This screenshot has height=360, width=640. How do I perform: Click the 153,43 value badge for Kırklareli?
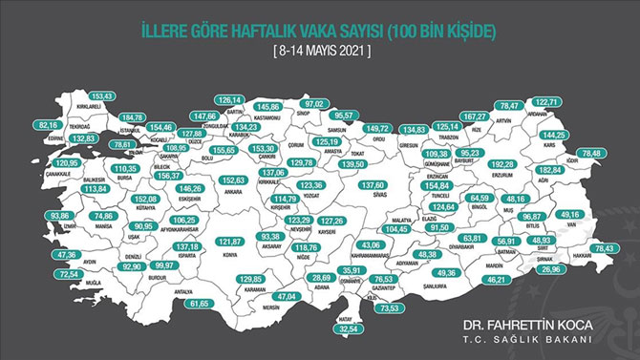click(101, 97)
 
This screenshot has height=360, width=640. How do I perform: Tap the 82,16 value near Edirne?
click(47, 124)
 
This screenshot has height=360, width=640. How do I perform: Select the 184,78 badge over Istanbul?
click(134, 117)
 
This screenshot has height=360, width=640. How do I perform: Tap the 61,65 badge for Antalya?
click(198, 303)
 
